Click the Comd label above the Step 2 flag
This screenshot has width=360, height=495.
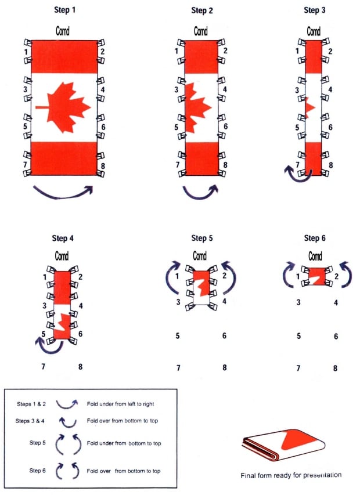click(x=200, y=31)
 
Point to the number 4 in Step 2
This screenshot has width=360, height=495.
click(x=225, y=89)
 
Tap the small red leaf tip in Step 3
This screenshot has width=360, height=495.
click(x=309, y=107)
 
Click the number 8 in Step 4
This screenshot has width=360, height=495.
click(x=80, y=366)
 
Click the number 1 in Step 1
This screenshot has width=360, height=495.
click(x=24, y=52)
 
